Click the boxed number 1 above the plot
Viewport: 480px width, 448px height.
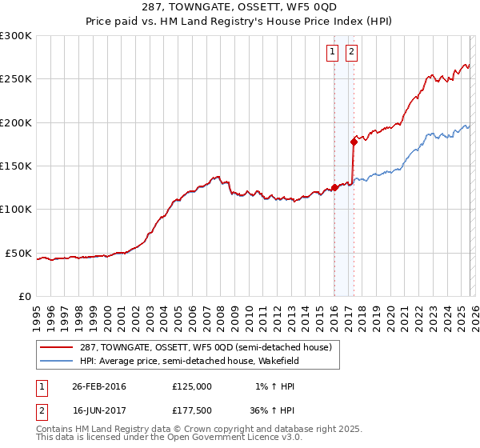click(x=332, y=53)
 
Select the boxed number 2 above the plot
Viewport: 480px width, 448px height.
click(x=351, y=53)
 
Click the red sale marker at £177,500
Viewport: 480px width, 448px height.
click(x=353, y=142)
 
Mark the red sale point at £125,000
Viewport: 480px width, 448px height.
click(x=334, y=188)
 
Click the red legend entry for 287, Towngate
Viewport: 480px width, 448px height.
click(x=199, y=347)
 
